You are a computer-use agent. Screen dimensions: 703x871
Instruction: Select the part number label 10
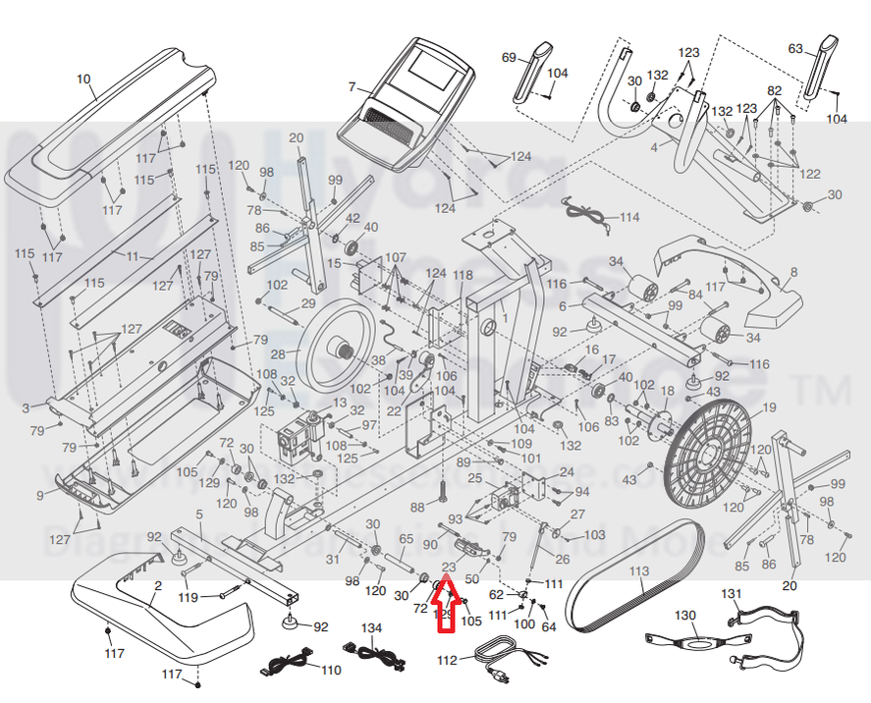tap(82, 79)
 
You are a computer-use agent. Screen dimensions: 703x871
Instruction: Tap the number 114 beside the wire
tap(629, 217)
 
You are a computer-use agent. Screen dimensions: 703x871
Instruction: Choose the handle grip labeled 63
tap(817, 69)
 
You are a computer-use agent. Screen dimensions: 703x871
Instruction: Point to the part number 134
tap(370, 628)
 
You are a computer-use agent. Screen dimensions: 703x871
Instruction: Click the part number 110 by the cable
tap(331, 671)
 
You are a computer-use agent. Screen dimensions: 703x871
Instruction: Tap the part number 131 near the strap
tap(732, 594)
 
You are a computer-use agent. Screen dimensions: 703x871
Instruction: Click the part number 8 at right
tap(793, 271)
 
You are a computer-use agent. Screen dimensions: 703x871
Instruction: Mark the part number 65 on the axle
tap(407, 539)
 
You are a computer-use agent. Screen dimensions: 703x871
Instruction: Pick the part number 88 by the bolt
tap(417, 507)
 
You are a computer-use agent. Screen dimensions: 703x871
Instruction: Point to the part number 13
tap(340, 405)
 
